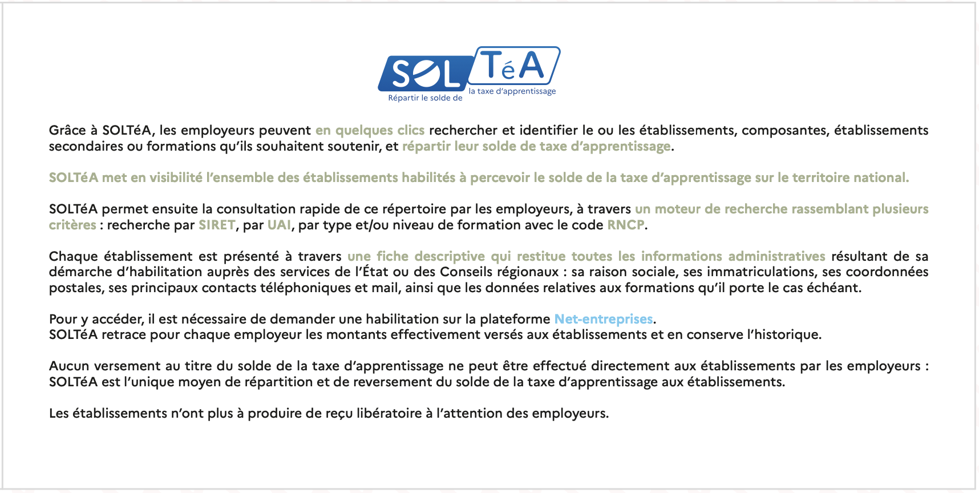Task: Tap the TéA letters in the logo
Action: point(513,66)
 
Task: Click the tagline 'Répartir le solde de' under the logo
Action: point(425,98)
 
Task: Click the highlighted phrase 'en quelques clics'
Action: point(370,131)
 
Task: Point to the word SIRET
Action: point(217,225)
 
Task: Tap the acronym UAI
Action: point(279,225)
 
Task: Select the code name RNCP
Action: point(625,225)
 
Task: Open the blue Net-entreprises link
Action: point(604,320)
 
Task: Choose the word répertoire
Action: point(410,209)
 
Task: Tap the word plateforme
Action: point(515,320)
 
